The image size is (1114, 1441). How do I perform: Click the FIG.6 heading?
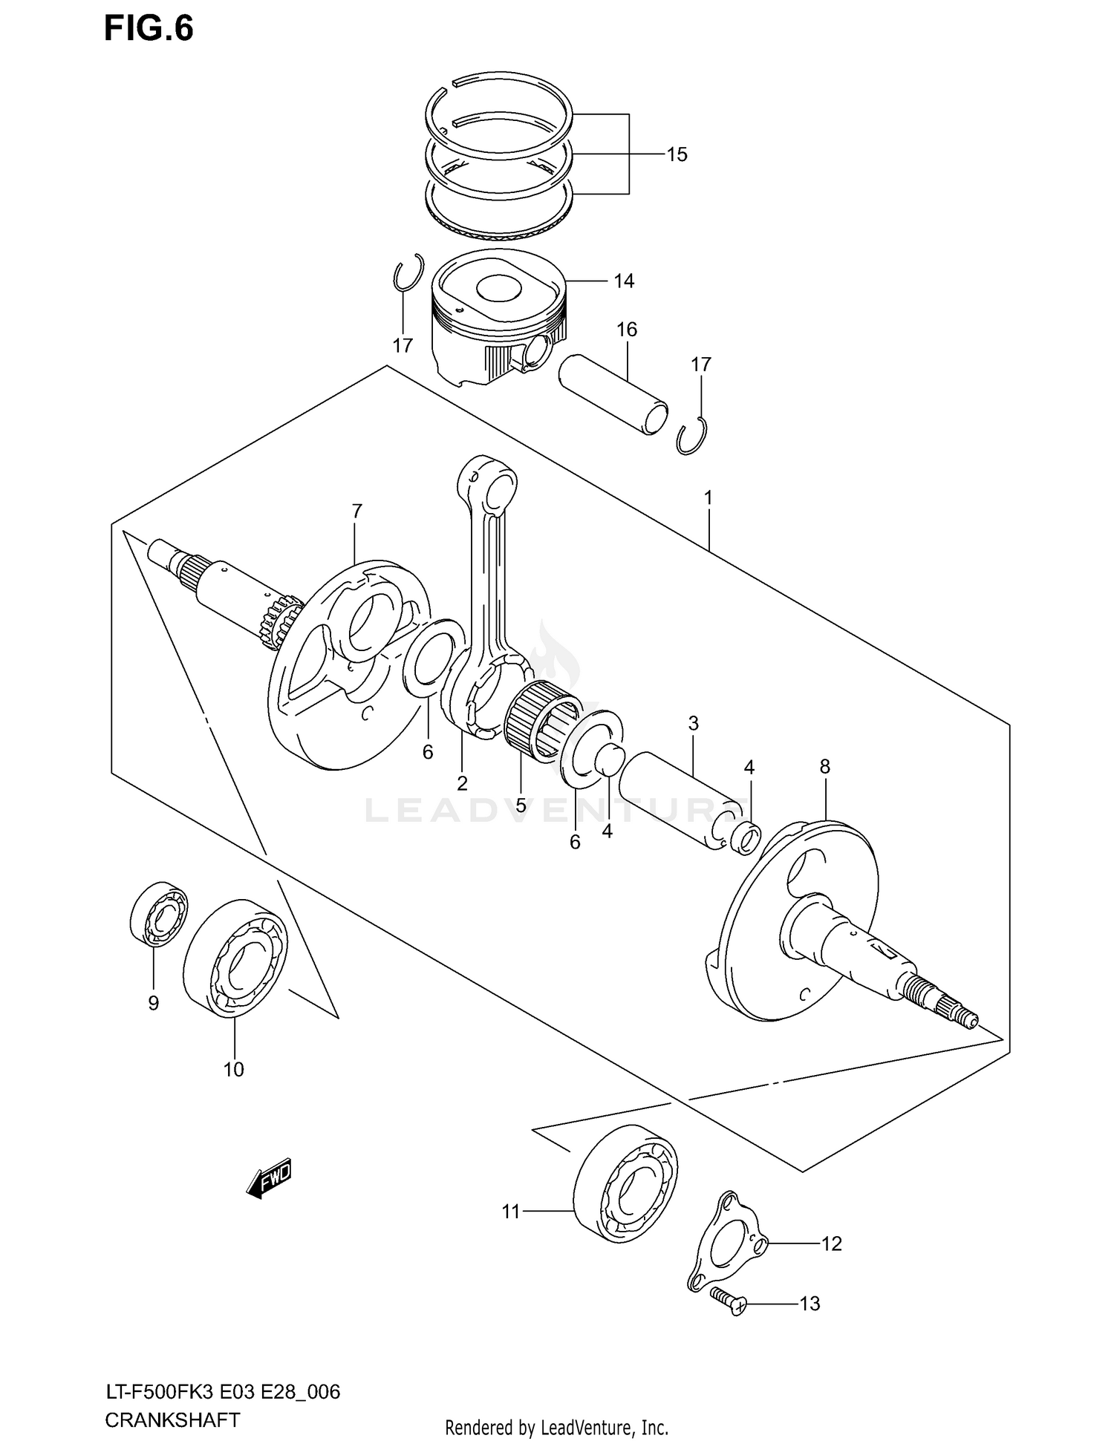tap(149, 29)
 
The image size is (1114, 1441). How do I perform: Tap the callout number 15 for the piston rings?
tap(677, 154)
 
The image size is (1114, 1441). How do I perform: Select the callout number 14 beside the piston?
tap(624, 281)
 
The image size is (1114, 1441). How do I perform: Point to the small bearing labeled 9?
tap(159, 914)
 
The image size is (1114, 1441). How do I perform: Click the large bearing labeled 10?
tap(235, 958)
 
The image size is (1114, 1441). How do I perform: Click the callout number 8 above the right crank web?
tap(824, 766)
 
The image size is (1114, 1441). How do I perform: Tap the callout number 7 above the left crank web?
tap(356, 511)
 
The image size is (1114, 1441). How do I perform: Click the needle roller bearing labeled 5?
tap(541, 720)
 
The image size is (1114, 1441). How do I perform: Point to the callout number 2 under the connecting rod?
tap(462, 782)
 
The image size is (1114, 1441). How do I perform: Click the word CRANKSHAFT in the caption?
tap(172, 1419)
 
